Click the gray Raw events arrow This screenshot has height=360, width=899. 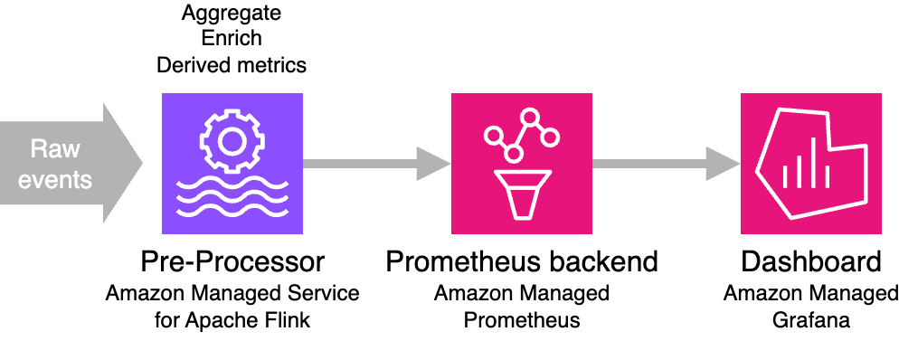[x=72, y=164]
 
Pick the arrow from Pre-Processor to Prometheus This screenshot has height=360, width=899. [x=376, y=164]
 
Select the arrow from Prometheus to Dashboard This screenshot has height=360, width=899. [x=666, y=164]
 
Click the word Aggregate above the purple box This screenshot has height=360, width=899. [x=232, y=14]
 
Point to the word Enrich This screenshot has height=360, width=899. [x=232, y=40]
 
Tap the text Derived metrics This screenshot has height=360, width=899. [x=232, y=65]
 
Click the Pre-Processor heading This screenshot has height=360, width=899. [x=232, y=262]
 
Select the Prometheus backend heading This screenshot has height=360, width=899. [x=522, y=262]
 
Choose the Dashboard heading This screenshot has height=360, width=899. [x=811, y=262]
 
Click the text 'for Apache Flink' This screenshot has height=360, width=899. [x=232, y=320]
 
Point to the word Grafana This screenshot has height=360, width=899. [x=811, y=320]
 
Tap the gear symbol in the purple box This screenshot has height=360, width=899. [x=232, y=140]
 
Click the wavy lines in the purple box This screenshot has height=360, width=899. [x=232, y=194]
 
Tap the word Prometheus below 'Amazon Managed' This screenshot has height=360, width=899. [x=522, y=320]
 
